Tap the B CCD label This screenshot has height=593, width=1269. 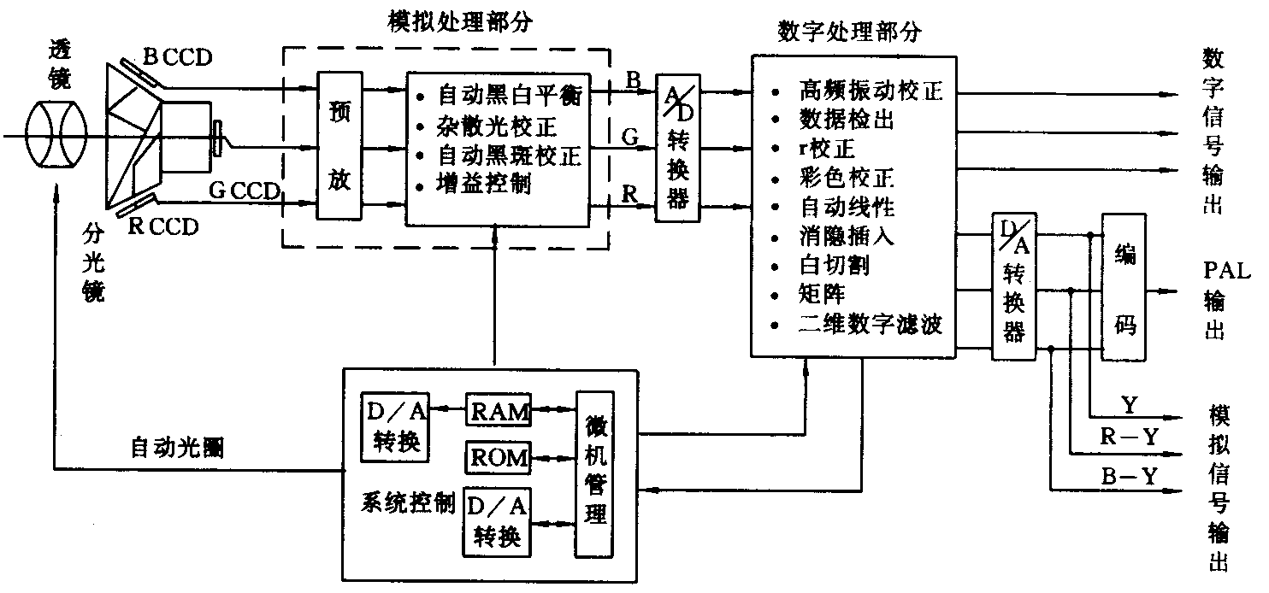(177, 58)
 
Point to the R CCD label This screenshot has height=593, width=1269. (162, 227)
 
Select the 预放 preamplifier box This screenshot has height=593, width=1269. (339, 144)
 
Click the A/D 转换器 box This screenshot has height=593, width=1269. (677, 147)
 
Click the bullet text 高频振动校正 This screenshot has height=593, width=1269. (870, 91)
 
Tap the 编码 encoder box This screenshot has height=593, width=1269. (1124, 286)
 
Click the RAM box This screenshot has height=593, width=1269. (499, 412)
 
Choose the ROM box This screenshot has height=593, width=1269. (499, 457)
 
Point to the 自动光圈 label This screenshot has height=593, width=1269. (178, 448)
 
